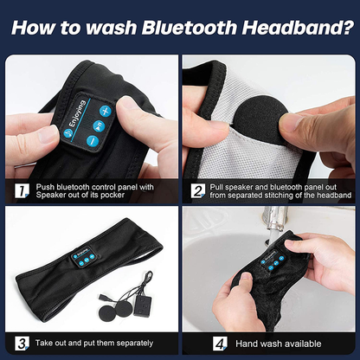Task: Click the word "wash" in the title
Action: pyautogui.click(x=122, y=27)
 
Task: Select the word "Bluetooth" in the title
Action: pyautogui.click(x=192, y=27)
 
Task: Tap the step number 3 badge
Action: pyautogui.click(x=20, y=344)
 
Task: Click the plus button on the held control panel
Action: pyautogui.click(x=104, y=111)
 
